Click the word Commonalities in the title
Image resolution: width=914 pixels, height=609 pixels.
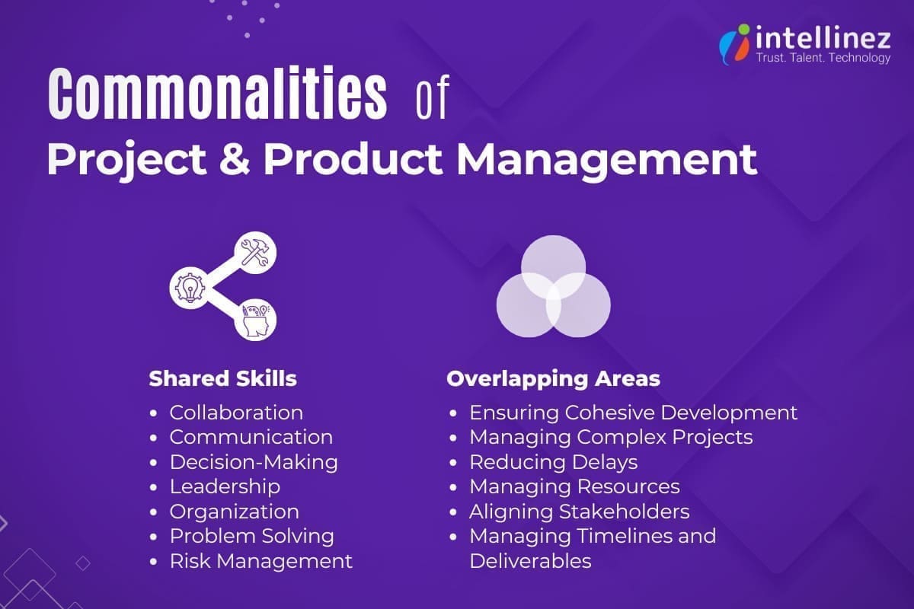click(x=216, y=96)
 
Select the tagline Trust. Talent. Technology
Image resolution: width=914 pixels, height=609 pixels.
click(x=823, y=58)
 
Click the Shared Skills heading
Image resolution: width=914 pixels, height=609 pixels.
click(x=222, y=378)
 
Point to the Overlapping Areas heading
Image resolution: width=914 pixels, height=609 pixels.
click(x=553, y=378)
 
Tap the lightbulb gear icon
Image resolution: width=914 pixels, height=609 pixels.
click(x=187, y=286)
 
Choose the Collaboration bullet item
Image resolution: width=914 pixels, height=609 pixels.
click(x=236, y=413)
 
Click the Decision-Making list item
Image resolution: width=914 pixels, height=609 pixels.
click(x=253, y=462)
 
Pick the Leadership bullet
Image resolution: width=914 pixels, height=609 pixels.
click(x=225, y=486)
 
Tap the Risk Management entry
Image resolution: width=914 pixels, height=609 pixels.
click(x=260, y=561)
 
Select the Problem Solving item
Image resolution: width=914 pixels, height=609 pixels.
click(x=251, y=536)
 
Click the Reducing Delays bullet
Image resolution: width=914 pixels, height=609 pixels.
click(x=553, y=462)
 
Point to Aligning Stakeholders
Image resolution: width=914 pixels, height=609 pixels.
click(x=579, y=512)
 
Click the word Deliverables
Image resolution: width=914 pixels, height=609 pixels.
click(x=530, y=561)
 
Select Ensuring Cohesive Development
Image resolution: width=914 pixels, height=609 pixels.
click(x=633, y=413)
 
